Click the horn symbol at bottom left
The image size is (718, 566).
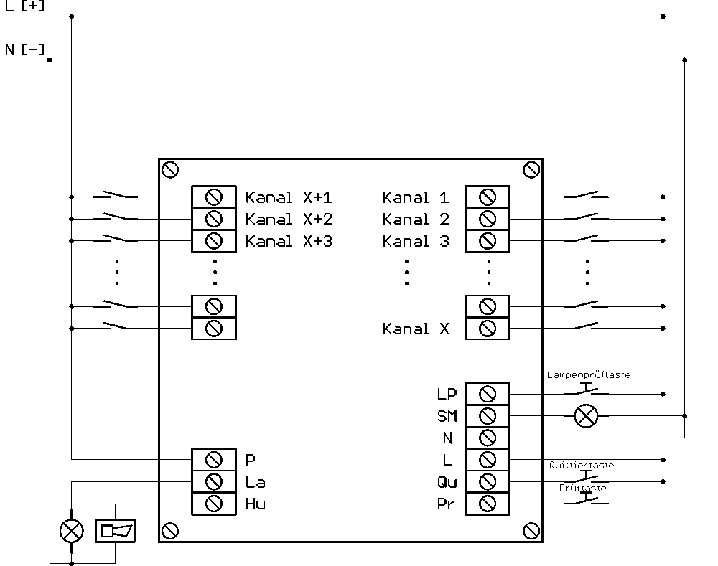tap(116, 531)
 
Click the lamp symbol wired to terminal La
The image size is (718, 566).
tap(71, 532)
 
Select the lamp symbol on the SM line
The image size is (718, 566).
tap(586, 416)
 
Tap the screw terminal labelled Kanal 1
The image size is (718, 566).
tap(488, 197)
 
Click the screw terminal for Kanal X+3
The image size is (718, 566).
tap(214, 241)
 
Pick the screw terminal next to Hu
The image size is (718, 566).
tap(214, 504)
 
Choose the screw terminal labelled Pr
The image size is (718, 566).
tap(488, 504)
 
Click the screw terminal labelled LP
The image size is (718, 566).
tap(488, 394)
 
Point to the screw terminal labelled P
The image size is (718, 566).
tap(214, 459)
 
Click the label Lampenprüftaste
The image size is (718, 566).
tap(589, 374)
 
